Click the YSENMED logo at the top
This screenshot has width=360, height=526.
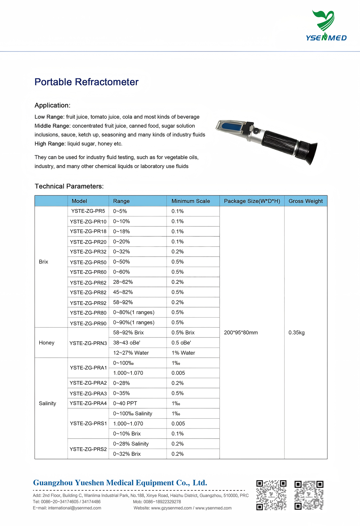[x=326, y=26]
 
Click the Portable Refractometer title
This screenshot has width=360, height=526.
[x=86, y=82]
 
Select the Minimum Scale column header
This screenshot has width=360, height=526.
[x=190, y=201]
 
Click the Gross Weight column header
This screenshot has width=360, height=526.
[x=305, y=201]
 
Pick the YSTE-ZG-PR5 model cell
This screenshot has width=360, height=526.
[x=88, y=211]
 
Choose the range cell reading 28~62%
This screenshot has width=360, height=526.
[x=123, y=282]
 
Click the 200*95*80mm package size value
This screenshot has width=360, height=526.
[x=241, y=332]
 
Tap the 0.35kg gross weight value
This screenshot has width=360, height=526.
[x=296, y=332]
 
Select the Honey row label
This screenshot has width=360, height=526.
[x=47, y=343]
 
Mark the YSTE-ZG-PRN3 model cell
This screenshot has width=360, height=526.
[x=88, y=343]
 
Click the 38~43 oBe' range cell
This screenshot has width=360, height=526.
[x=127, y=343]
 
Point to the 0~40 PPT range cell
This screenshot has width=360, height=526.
[x=125, y=403]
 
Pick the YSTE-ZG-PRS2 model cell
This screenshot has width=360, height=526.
[x=88, y=449]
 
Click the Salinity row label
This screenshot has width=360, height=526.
[x=48, y=403]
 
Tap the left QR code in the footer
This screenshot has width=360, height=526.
[x=271, y=495]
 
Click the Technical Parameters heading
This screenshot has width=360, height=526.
[x=69, y=186]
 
